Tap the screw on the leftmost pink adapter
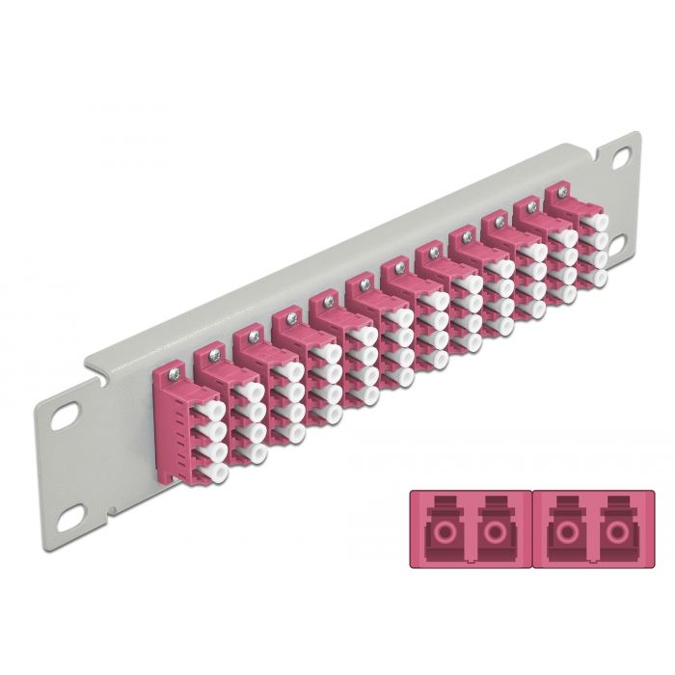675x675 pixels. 174,369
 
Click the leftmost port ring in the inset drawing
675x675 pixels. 445,532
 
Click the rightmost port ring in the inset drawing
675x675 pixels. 614,532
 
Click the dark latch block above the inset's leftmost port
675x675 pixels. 445,509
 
